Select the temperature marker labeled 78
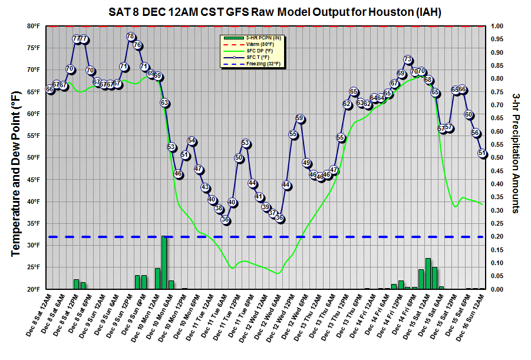pos(131,37)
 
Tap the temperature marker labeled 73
pos(408,59)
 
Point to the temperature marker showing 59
pos(299,118)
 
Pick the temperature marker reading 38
pos(219,209)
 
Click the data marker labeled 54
pos(192,141)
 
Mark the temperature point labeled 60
pos(469,114)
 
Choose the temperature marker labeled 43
pos(205,187)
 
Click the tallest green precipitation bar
pos(164,262)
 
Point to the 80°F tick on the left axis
pos(32,26)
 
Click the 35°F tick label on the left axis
pos(32,223)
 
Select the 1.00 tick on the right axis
pos(497,26)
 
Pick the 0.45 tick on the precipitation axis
pos(497,171)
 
